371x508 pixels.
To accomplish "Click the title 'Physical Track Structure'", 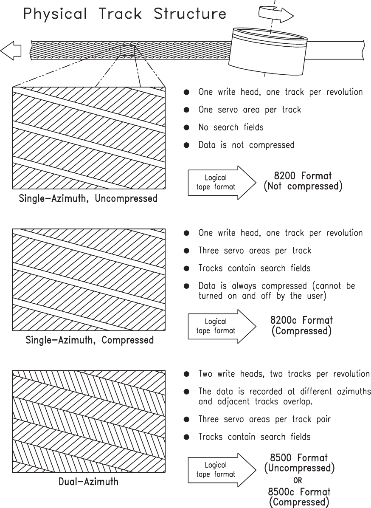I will pos(124,14).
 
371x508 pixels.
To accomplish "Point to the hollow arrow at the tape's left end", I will pos(11,51).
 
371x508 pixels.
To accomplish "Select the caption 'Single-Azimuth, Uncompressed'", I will pos(88,198).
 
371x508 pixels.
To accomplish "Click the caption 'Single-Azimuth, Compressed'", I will pos(90,340).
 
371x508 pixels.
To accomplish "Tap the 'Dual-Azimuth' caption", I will pos(88,482).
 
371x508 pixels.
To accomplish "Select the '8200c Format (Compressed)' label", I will pos(302,325).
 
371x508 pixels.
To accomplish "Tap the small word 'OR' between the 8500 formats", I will pos(299,481).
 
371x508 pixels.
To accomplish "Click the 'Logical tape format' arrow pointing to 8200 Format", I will pos(221,182).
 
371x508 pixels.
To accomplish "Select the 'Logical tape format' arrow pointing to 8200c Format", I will pos(221,326).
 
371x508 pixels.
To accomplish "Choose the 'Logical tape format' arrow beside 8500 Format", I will pos(221,469).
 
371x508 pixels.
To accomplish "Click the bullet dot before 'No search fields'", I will pos(186,127).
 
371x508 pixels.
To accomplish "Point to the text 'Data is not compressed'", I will pos(246,145).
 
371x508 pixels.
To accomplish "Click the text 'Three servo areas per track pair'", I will pos(264,419).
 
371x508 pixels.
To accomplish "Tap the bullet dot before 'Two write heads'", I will pos(186,374).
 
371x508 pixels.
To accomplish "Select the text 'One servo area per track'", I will pos(250,110).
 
